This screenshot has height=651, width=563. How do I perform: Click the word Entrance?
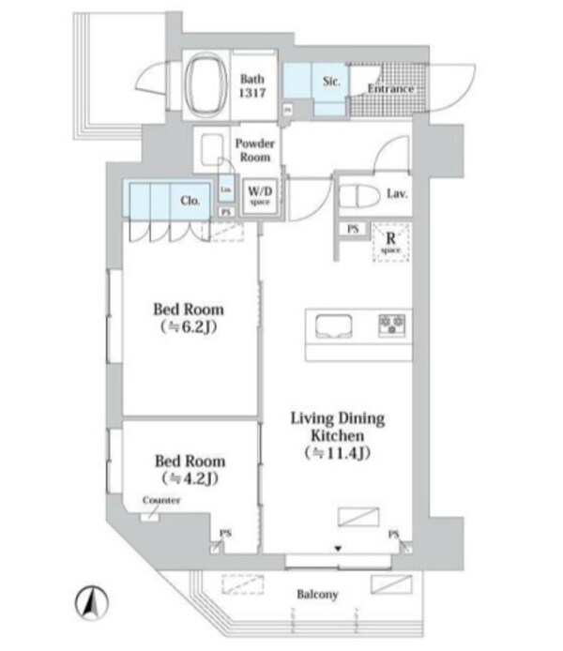click(390, 89)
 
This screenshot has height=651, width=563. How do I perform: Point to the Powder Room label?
click(254, 150)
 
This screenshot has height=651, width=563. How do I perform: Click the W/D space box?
click(259, 196)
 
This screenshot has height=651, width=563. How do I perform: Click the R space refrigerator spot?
click(389, 242)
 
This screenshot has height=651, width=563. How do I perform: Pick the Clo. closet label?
click(189, 199)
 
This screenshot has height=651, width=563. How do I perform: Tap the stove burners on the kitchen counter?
click(391, 325)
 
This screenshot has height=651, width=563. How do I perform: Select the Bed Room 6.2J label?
click(189, 318)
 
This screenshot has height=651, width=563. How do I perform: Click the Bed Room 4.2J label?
click(189, 469)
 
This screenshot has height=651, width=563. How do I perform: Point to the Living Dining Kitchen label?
click(335, 436)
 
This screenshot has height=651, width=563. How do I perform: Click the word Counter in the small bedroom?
click(160, 501)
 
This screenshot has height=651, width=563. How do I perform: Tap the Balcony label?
click(318, 595)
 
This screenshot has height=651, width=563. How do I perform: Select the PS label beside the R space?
click(353, 229)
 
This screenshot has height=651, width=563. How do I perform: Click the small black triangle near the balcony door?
click(338, 547)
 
